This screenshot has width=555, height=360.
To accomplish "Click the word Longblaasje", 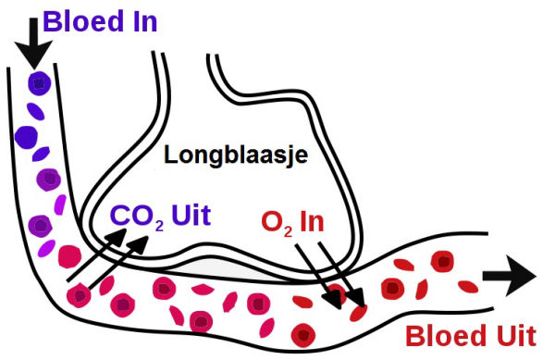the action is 236,155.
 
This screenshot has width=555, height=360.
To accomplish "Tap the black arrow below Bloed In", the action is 33,43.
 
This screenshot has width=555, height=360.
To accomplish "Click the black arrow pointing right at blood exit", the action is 509,276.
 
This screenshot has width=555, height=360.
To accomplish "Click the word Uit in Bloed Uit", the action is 517,336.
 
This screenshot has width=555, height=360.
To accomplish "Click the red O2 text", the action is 277,223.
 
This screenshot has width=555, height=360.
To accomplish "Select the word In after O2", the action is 312,221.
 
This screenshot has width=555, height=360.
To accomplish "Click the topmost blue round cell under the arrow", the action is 39,83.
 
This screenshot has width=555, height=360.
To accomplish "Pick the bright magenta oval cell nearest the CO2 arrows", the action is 46,249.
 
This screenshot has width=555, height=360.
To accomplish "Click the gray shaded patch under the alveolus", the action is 219,268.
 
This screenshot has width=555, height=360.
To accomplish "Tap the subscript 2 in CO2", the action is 160,226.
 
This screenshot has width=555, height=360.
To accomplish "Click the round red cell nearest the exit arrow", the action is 442,262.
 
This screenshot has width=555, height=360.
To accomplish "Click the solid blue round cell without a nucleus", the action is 26,137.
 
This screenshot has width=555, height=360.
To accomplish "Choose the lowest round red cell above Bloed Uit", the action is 303,335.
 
